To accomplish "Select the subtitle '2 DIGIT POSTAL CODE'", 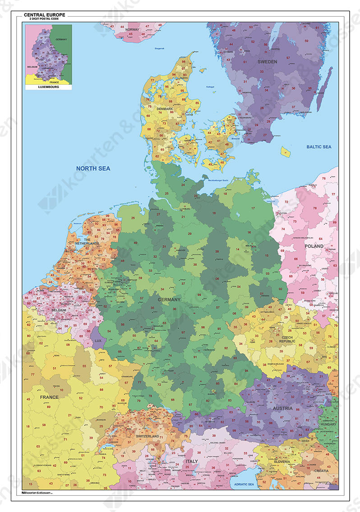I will coord(44,19).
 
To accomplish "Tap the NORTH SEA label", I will coord(93,168).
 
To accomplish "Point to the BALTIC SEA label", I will coord(319,147).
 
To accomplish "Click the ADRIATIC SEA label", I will coord(242,484).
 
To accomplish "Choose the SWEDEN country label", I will coord(267,61).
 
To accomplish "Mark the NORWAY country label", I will coord(132,29).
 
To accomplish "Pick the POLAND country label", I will coord(314,246).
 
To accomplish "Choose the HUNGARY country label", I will coord(328,424).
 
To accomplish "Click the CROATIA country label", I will coord(322,470).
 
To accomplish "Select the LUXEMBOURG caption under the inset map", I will coord(48,86).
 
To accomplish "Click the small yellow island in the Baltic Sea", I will coord(286,151).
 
